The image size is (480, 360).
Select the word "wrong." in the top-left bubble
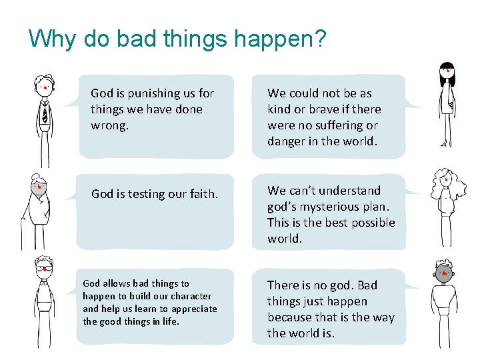(109, 125)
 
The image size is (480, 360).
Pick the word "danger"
(286, 141)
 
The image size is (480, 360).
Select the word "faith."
(201, 194)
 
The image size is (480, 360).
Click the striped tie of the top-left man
(45, 113)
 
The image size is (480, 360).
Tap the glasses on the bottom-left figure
(43, 269)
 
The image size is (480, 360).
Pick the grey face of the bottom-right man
(443, 271)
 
